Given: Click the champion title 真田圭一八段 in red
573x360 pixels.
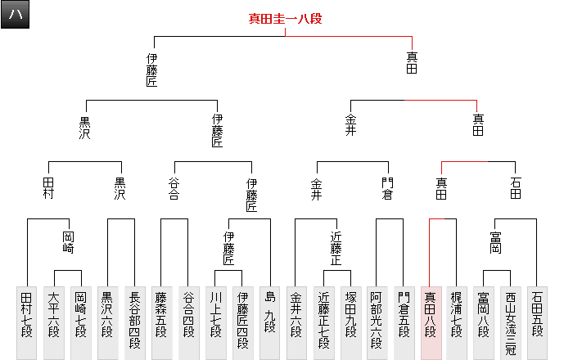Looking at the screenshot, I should point(285,19).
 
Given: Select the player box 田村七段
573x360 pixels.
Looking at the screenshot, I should point(27,322).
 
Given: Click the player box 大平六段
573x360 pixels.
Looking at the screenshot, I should point(54,322).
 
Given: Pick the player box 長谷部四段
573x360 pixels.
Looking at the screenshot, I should point(134,322).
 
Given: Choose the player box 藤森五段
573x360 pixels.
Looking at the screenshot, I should point(161,322).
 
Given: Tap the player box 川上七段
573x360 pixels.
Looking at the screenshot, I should point(215,322).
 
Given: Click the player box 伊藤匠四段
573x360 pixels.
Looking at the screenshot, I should point(242,322).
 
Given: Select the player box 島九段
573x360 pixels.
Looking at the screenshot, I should point(269,322).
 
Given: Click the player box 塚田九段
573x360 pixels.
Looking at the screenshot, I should point(350,322).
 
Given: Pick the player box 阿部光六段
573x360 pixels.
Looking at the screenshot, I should point(377,322).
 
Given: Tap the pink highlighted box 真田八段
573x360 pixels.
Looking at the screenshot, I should point(431,322).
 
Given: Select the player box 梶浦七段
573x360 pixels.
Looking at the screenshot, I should point(457,322).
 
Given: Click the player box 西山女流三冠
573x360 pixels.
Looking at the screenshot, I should point(511,322).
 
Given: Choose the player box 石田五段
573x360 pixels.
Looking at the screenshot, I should point(538,322).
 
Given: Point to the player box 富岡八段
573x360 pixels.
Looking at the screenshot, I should point(484,322).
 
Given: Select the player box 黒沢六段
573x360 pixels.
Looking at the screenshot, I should point(108,322).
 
